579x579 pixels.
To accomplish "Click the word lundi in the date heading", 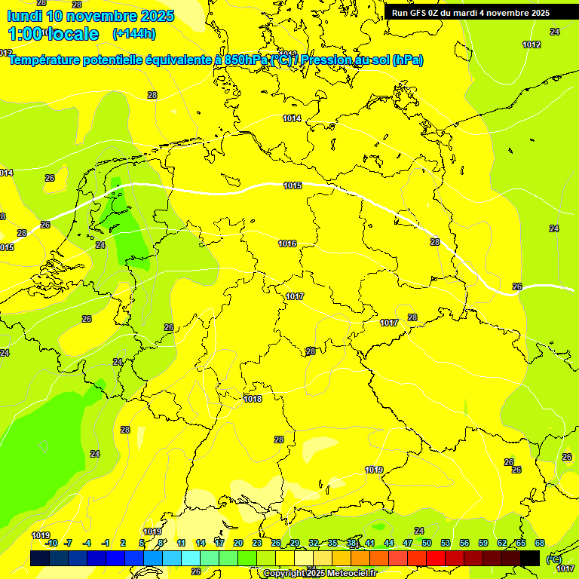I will [24, 16].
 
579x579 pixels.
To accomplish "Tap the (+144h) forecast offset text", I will [133, 33].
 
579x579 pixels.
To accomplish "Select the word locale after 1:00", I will [73, 34].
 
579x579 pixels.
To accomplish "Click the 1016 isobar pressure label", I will [287, 244].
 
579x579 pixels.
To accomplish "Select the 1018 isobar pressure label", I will [253, 400].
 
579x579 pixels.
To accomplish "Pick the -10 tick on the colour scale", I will [51, 543].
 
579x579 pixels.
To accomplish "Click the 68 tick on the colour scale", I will [540, 543].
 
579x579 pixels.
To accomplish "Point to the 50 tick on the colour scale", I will [427, 543].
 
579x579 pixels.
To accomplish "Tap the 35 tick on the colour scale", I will [332, 543].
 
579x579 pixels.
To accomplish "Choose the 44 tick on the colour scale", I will [389, 543].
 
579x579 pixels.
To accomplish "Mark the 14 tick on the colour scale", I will [201, 543].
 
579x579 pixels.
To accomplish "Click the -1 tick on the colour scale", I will [106, 543].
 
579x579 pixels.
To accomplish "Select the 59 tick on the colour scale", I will [483, 543].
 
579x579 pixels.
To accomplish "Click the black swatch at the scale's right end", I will [530, 558].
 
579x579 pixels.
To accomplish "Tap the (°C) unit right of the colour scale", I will [553, 559].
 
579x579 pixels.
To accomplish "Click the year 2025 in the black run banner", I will [538, 13].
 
